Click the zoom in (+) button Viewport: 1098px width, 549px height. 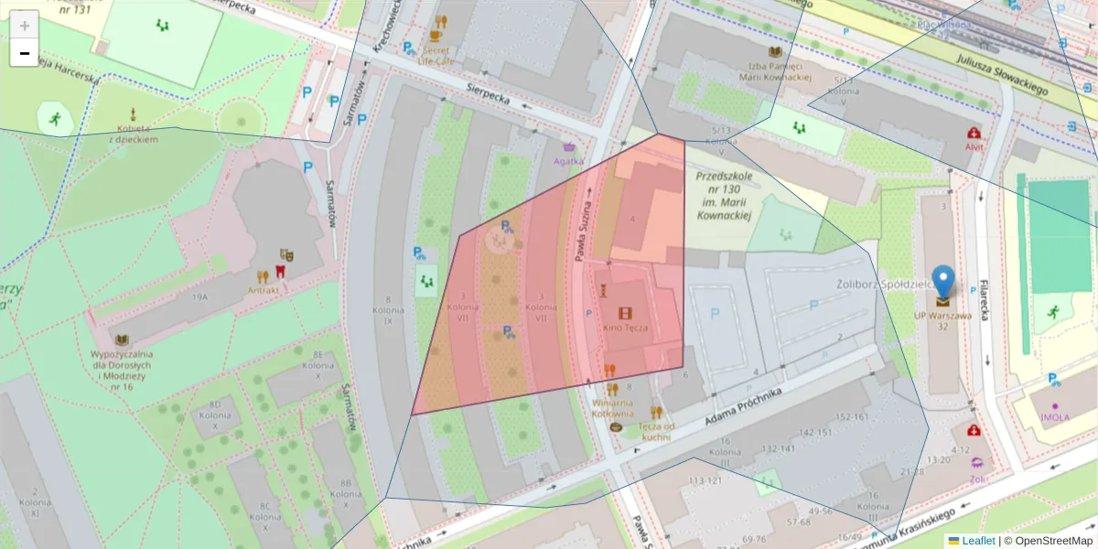pyautogui.click(x=25, y=26)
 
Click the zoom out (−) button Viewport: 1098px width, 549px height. pyautogui.click(x=25, y=53)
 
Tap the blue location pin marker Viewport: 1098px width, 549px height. pyautogui.click(x=942, y=283)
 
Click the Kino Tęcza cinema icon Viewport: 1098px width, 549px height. pyautogui.click(x=625, y=314)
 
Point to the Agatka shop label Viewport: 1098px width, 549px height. pyautogui.click(x=568, y=161)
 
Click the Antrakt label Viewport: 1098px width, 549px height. pyautogui.click(x=263, y=289)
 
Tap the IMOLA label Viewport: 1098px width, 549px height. pyautogui.click(x=1054, y=418)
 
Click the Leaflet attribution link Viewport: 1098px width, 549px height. pyautogui.click(x=977, y=541)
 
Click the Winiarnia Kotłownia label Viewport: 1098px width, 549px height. pyautogui.click(x=613, y=407)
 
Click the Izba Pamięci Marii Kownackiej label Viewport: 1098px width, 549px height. pyautogui.click(x=775, y=71)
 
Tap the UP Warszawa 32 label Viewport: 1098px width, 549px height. pyautogui.click(x=942, y=321)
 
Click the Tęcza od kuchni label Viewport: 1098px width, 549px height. pyautogui.click(x=655, y=431)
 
